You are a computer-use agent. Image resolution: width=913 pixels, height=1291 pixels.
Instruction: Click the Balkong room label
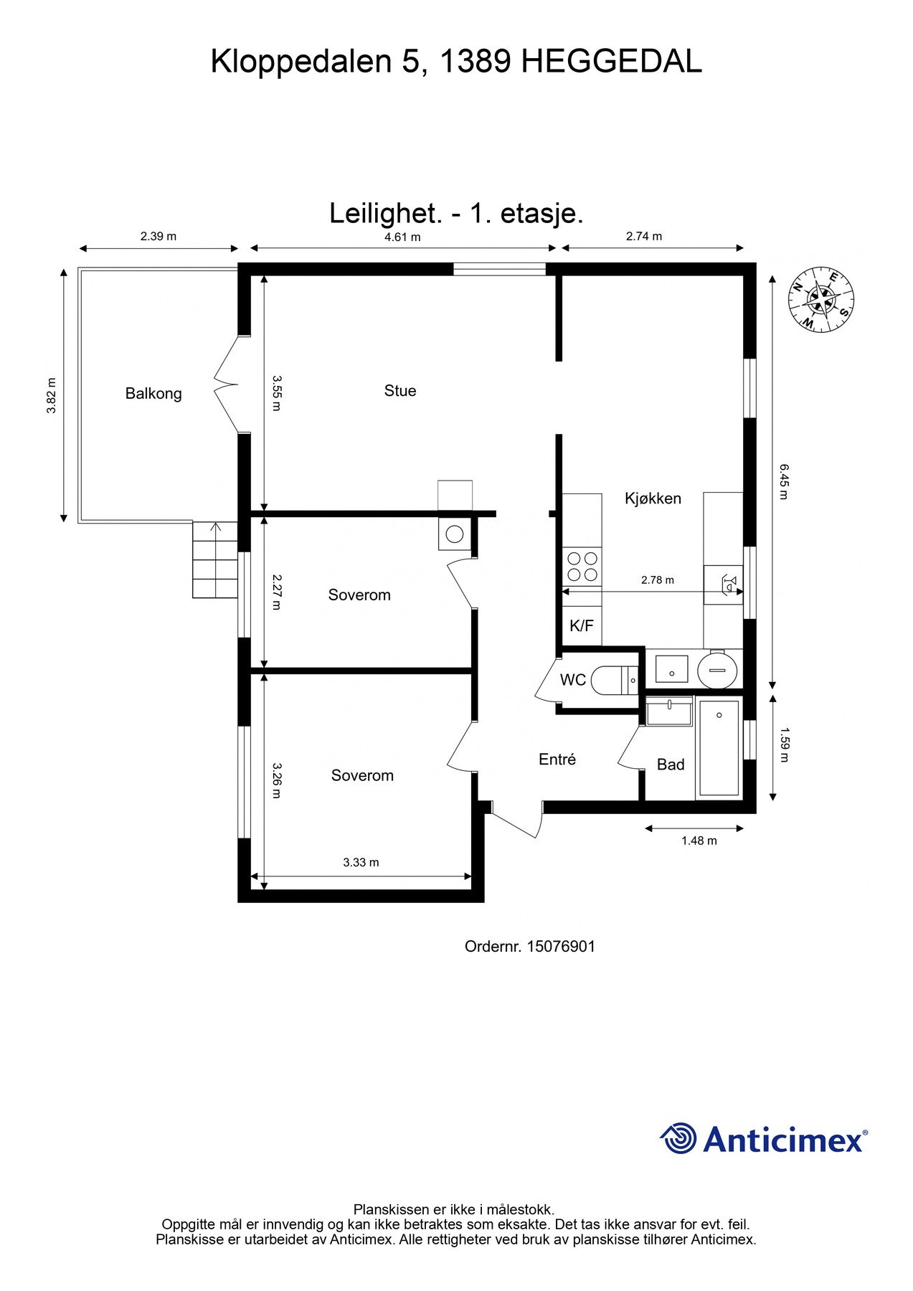pos(153,393)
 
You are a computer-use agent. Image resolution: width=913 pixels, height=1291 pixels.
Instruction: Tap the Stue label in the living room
pos(399,390)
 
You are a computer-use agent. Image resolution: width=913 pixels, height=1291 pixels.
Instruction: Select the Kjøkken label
pos(653,498)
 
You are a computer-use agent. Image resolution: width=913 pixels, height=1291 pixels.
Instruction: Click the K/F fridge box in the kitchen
pos(582,625)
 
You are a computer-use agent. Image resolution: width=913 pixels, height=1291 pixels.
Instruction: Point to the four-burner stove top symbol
pos(582,566)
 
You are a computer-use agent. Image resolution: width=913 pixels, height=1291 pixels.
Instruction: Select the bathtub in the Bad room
pos(719,748)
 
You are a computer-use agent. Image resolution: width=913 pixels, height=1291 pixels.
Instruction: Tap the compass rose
pos(822,298)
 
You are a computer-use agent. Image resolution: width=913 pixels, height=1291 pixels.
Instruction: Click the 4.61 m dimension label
pos(402,237)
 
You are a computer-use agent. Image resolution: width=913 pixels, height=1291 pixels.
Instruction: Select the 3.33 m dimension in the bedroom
pos(361,862)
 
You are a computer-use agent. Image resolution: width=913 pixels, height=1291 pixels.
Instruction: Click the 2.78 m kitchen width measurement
pos(657,580)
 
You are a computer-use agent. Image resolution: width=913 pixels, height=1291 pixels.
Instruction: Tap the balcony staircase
pos(214,560)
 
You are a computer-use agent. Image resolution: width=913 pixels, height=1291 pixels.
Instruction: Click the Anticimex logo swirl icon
pos(678,1138)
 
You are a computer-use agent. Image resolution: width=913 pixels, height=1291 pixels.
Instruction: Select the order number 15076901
pos(561,946)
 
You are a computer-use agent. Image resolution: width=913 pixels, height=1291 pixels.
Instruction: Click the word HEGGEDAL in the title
pos(611,62)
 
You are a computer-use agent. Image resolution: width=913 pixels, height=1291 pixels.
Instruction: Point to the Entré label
pos(557,759)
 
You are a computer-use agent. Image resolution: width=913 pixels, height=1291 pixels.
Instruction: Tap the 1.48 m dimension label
pos(699,841)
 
